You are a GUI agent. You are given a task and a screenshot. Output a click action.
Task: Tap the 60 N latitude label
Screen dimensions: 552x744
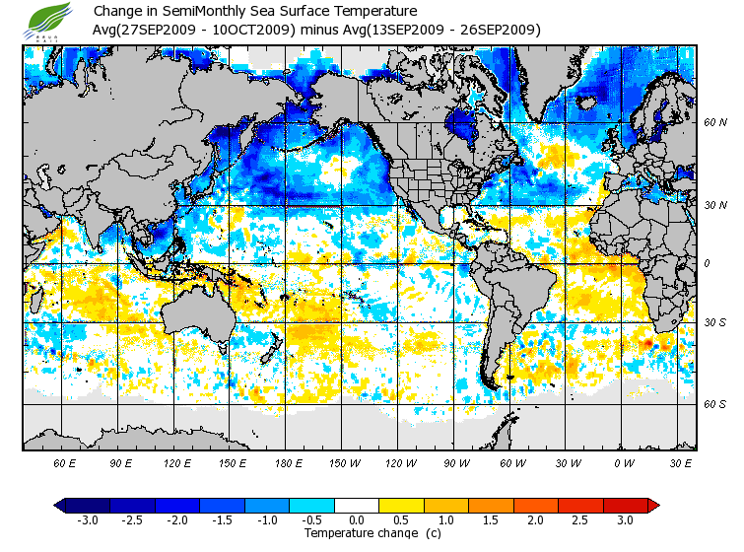tap(714, 122)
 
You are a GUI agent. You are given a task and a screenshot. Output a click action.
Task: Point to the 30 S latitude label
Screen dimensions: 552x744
tap(714, 323)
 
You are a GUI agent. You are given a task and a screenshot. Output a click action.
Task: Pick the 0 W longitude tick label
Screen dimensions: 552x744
tap(624, 462)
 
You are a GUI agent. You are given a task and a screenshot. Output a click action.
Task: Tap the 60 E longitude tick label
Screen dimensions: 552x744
tap(65, 462)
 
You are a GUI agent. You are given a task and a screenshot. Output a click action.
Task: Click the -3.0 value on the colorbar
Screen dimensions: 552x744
tap(88, 519)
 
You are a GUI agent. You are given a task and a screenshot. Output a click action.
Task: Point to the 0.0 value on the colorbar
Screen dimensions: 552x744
tap(357, 519)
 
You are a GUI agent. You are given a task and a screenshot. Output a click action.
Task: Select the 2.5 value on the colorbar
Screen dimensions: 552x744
tap(580, 519)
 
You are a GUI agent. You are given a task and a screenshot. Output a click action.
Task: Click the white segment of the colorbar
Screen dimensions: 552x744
tap(357, 505)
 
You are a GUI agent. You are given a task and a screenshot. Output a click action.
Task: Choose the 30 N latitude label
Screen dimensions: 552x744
tap(714, 205)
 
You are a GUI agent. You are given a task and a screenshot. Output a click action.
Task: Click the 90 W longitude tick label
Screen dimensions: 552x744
tap(455, 462)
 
